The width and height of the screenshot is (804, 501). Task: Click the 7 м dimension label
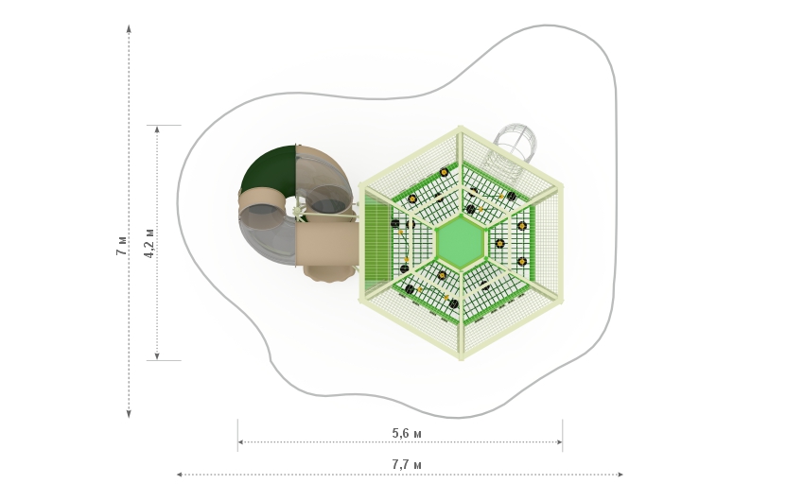tap(121, 246)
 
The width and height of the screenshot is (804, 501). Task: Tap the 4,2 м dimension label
tap(149, 243)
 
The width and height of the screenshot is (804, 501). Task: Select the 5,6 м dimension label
tap(407, 433)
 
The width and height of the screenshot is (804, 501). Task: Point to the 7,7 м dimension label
tap(407, 465)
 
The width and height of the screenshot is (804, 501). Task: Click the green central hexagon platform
tap(460, 242)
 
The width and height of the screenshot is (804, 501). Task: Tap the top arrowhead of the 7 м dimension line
tap(129, 28)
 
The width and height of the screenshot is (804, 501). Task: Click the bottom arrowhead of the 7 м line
tap(129, 414)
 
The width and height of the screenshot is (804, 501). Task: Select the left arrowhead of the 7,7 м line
tap(180, 475)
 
